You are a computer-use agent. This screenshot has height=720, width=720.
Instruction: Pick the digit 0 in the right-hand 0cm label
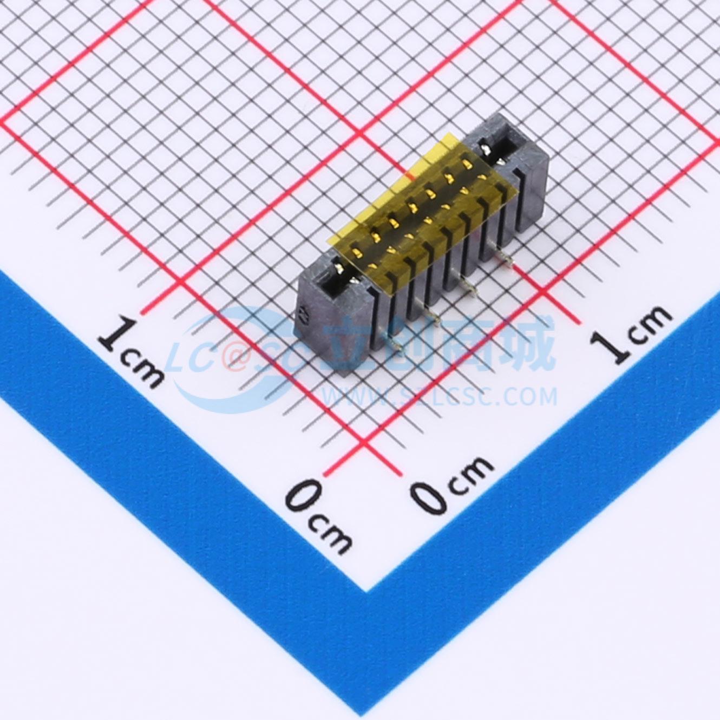[x=430, y=496]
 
